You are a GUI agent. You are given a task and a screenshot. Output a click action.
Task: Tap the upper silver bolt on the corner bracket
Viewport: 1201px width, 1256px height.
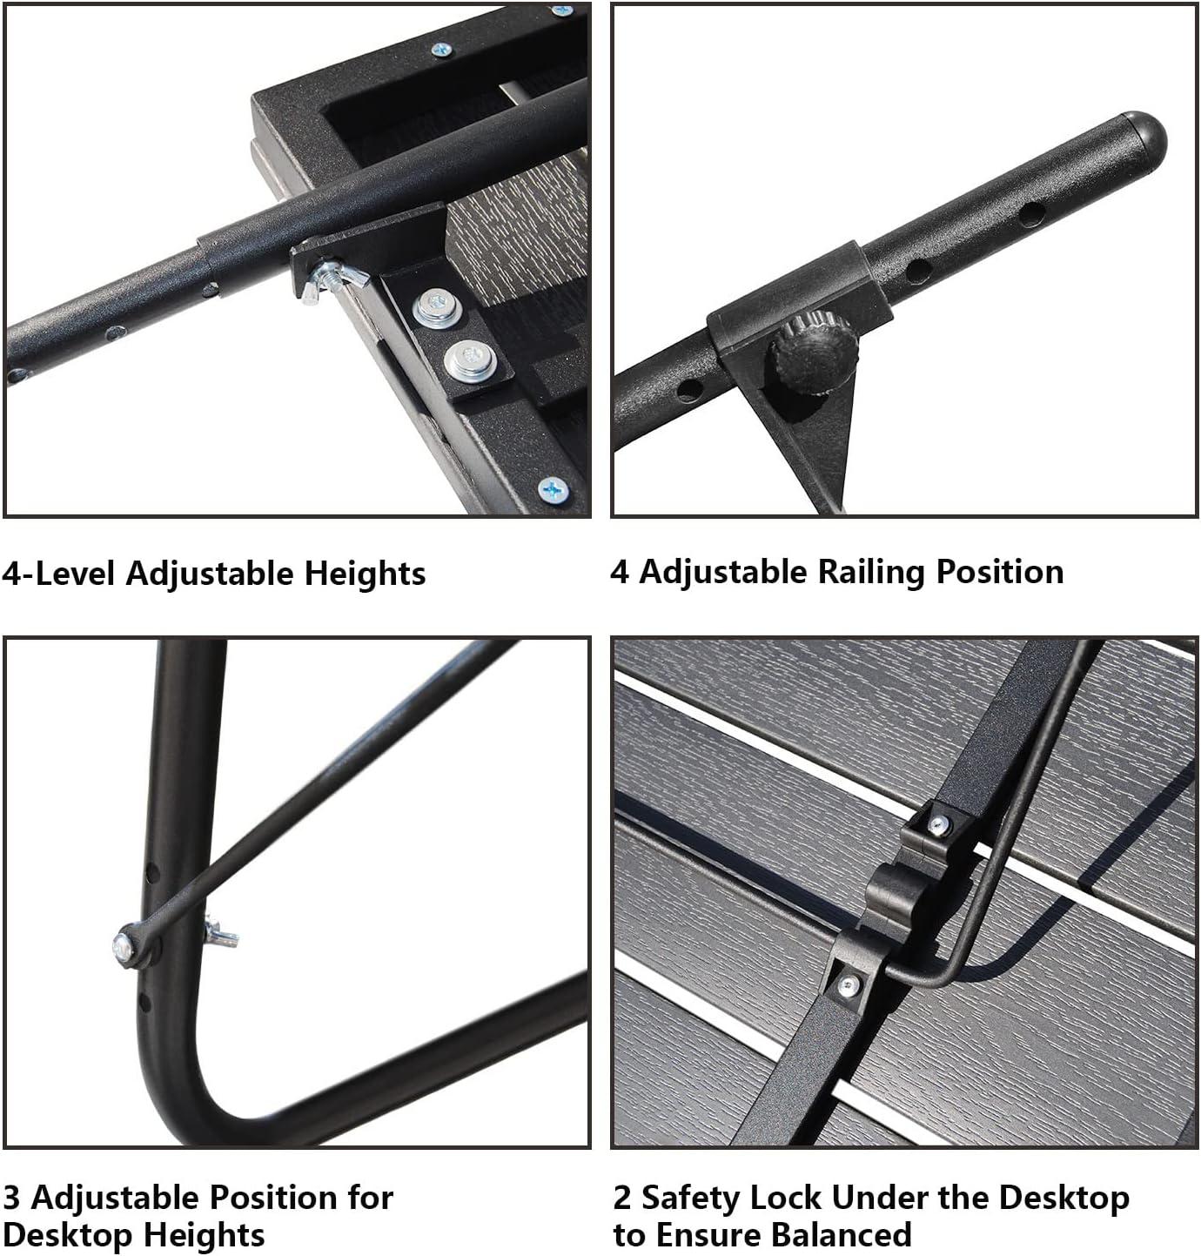click(433, 308)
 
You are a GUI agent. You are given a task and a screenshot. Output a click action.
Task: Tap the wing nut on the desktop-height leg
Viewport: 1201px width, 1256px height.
click(219, 934)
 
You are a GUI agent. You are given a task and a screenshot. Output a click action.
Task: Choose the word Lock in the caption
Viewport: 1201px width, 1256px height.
click(784, 1198)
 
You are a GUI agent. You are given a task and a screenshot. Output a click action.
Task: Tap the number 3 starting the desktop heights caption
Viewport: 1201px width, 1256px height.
click(11, 1198)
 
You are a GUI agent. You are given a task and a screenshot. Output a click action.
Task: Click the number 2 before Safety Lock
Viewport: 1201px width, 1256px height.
click(622, 1198)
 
